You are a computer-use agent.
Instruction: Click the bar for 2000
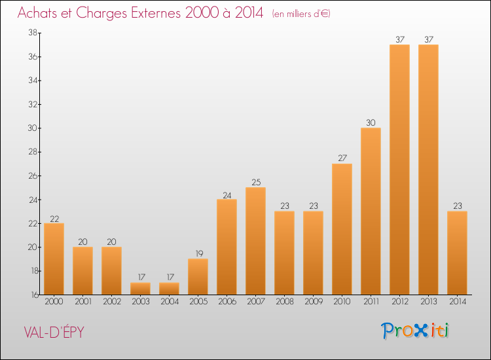click(54, 259)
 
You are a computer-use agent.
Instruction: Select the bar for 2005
click(198, 277)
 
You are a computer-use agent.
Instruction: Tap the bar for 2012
click(399, 170)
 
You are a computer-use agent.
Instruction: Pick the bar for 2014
click(457, 253)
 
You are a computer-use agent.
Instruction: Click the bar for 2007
click(255, 241)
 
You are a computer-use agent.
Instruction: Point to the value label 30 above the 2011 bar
click(371, 122)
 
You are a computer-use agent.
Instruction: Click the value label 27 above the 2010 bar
click(342, 158)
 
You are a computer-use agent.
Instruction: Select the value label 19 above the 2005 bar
click(199, 253)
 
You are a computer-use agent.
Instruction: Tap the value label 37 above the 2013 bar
click(429, 39)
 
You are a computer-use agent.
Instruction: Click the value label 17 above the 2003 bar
click(141, 277)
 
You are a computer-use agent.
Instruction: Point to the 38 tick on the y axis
click(33, 33)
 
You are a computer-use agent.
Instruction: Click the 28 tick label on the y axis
click(33, 152)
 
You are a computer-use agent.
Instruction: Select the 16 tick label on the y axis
click(35, 295)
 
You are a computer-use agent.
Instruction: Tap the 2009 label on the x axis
click(314, 302)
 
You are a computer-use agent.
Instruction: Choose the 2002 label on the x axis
click(112, 302)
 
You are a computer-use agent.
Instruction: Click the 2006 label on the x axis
click(227, 302)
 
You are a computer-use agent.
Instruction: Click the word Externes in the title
click(156, 13)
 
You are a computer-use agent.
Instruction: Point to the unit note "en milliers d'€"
click(301, 14)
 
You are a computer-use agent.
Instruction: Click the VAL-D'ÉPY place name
click(54, 332)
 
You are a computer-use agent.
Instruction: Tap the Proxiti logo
click(414, 331)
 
